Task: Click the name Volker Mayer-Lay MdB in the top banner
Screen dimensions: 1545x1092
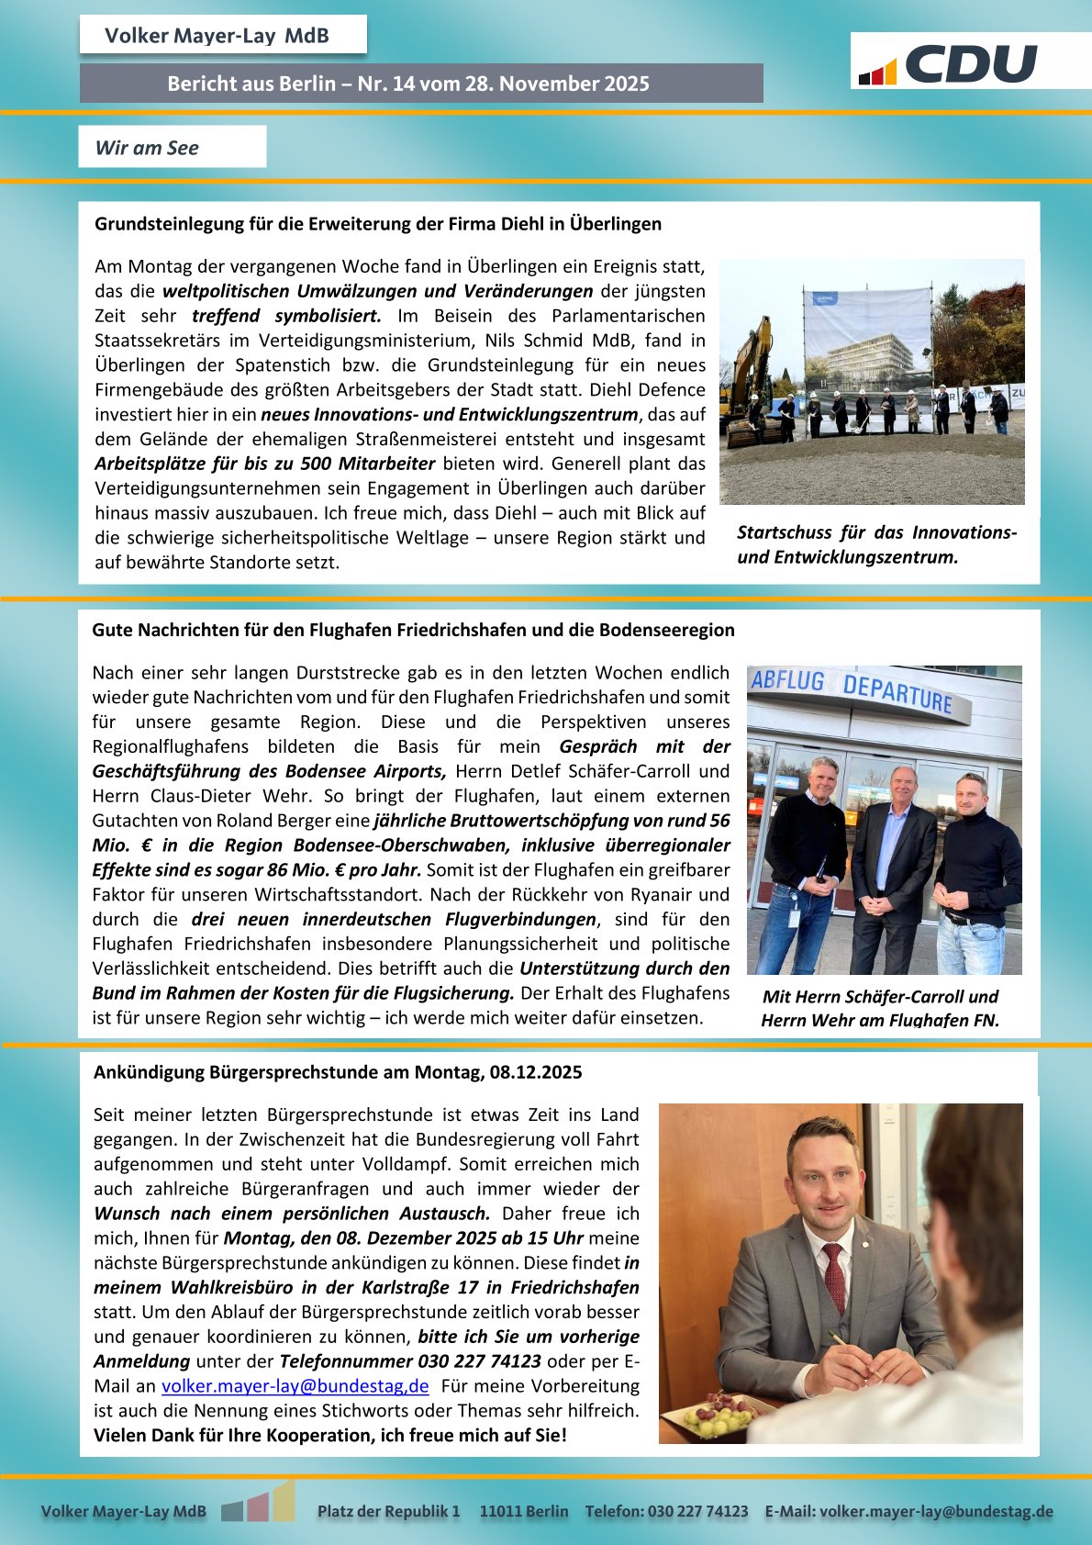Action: click(217, 36)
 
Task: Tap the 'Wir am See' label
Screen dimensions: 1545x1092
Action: click(147, 148)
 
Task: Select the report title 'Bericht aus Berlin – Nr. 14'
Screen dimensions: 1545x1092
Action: click(408, 84)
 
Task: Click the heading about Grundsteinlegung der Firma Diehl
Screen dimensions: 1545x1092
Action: click(378, 224)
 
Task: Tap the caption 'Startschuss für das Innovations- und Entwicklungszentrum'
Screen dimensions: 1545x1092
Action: click(876, 544)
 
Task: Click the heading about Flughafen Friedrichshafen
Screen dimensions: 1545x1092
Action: click(413, 630)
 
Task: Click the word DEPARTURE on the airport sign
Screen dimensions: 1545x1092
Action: click(897, 693)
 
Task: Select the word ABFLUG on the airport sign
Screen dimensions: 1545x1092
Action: click(787, 681)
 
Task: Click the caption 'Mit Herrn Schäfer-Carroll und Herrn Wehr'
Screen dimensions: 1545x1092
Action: click(879, 1008)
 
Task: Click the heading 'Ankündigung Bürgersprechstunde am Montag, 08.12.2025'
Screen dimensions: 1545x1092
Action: click(338, 1072)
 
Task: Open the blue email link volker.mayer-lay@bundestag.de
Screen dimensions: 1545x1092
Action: click(295, 1386)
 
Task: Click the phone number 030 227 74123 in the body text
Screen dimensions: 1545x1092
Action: click(479, 1361)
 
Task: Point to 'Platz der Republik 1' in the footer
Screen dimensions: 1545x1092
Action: click(388, 1511)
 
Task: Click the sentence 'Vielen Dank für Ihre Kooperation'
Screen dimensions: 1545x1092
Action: click(330, 1436)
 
